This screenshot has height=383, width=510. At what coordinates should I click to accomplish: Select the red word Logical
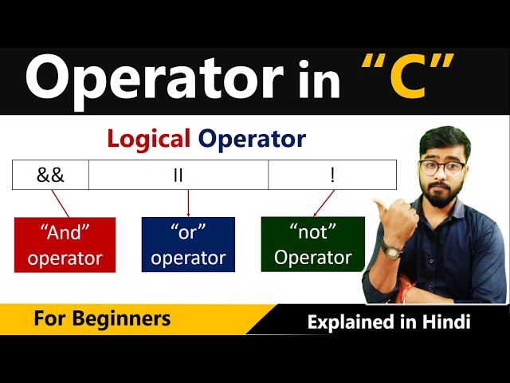(149, 139)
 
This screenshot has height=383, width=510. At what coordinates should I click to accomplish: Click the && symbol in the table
(50, 175)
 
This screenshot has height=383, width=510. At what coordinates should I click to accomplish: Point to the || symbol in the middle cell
(178, 175)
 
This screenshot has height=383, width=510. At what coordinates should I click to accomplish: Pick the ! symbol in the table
(332, 175)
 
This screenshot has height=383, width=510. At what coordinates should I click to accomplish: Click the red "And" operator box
(65, 245)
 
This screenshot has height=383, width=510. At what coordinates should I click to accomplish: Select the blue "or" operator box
(188, 245)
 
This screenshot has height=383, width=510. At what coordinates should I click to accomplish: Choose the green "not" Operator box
(312, 245)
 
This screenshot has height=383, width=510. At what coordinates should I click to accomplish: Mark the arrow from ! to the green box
(324, 203)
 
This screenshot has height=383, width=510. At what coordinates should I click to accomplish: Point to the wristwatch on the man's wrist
(392, 250)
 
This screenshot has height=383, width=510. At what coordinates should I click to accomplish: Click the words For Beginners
(102, 319)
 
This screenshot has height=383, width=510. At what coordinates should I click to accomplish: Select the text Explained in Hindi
(389, 322)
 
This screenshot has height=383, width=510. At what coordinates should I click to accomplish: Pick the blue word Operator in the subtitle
(252, 139)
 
